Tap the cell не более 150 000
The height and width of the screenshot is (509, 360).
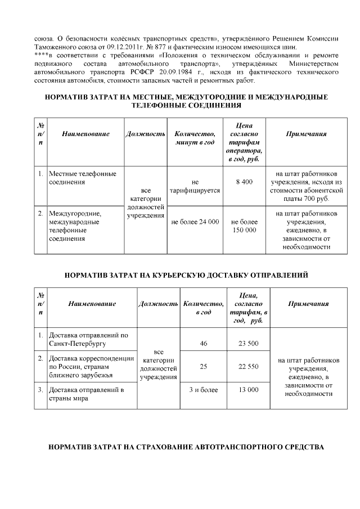(244, 226)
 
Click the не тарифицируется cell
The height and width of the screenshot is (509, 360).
(195, 187)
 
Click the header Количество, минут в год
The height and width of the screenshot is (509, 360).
(195, 138)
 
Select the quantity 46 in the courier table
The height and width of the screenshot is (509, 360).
(204, 343)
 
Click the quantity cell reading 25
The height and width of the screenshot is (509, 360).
(204, 366)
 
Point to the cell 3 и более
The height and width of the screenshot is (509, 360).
(204, 389)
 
